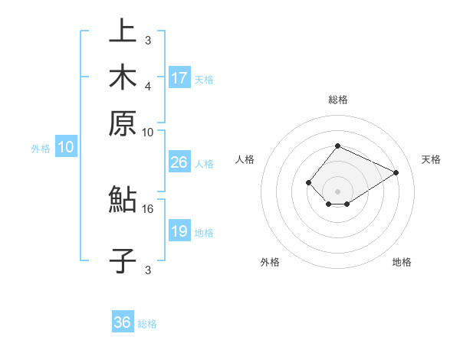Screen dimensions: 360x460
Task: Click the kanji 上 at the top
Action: tap(123, 33)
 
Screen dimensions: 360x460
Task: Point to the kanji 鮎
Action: tap(123, 201)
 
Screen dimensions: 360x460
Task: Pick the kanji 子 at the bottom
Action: tap(123, 260)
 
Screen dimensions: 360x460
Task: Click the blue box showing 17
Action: tap(179, 78)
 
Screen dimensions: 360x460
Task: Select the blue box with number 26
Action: tap(179, 163)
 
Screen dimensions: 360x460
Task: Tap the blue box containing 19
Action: tap(179, 231)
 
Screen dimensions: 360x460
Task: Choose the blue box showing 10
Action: tap(66, 148)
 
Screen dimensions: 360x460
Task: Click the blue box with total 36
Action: tap(123, 322)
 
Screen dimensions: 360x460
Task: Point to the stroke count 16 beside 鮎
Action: tap(148, 208)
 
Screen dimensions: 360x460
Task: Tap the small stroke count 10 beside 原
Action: tap(148, 132)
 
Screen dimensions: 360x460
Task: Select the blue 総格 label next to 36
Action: tap(147, 324)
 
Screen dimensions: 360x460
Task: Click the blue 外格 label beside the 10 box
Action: tap(41, 149)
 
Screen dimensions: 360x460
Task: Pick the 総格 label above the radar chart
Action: tap(337, 100)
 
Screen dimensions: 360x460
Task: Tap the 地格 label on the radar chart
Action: tap(402, 262)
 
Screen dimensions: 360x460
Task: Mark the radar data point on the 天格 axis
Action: tap(396, 173)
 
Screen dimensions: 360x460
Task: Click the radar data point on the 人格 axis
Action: tap(308, 182)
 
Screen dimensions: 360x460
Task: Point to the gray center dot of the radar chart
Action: tap(337, 191)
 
